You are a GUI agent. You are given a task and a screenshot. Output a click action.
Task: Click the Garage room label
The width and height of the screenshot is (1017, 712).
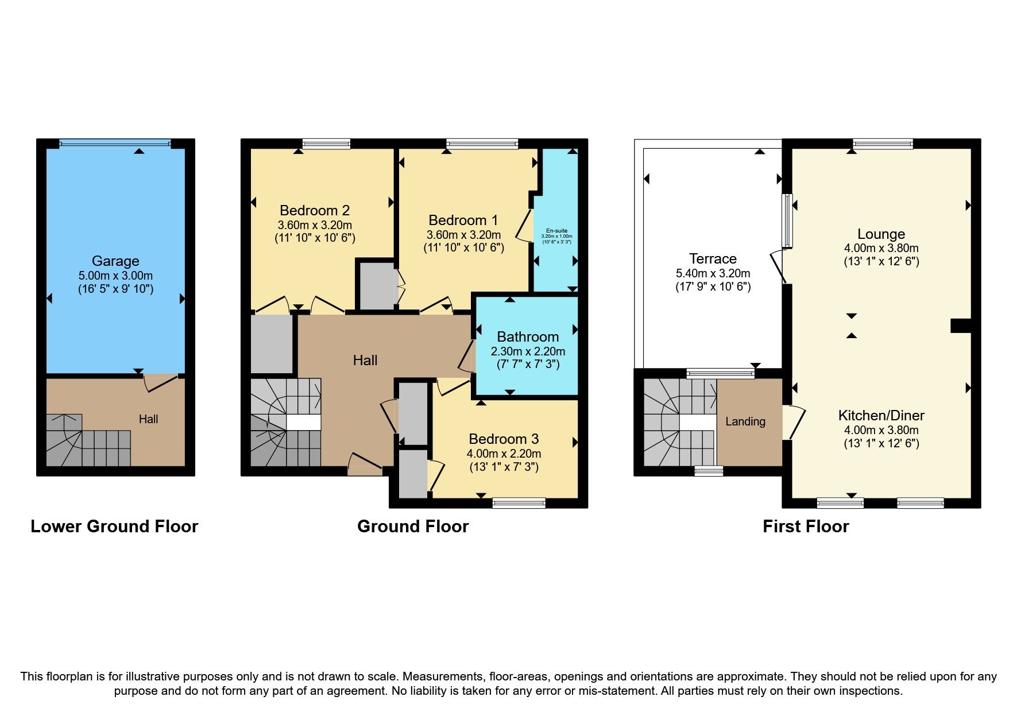(115, 261)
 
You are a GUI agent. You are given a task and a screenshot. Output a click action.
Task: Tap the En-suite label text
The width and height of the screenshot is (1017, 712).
(556, 231)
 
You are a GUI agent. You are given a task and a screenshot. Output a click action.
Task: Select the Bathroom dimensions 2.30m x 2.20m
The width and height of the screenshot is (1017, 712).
(528, 351)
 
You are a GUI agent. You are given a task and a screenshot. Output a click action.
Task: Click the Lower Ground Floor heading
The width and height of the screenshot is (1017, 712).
(114, 527)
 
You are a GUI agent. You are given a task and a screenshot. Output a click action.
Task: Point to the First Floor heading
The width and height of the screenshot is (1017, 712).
(806, 527)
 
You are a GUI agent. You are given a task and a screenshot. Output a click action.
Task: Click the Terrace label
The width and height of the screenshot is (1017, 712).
(713, 259)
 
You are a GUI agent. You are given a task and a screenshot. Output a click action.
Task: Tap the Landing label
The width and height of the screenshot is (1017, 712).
(745, 421)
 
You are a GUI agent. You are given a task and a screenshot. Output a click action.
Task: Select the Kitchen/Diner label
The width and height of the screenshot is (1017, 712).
(881, 415)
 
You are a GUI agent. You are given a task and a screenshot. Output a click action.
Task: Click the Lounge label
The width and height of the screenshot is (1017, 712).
(881, 234)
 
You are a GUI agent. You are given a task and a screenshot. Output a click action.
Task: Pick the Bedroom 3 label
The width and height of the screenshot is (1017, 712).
(504, 439)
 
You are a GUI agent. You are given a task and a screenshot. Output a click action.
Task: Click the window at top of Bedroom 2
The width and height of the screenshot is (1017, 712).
(326, 144)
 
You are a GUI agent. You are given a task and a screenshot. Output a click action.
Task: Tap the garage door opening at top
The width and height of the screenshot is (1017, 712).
(115, 144)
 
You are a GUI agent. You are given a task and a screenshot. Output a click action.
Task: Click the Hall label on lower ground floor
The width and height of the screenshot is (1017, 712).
(148, 419)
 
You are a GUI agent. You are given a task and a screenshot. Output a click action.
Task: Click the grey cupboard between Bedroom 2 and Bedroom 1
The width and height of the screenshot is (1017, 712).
(376, 286)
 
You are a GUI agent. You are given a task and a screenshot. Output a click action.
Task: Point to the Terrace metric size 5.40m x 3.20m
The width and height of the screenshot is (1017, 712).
(713, 273)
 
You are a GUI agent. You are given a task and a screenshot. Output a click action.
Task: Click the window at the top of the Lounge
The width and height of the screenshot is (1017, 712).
(883, 144)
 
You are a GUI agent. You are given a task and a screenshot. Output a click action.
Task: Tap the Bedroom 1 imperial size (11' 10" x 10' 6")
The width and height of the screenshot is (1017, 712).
(463, 247)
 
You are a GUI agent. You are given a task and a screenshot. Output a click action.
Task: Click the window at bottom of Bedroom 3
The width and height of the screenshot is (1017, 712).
(519, 503)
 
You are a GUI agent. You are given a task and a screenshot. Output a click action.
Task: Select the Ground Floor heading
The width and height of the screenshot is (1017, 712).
(412, 527)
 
